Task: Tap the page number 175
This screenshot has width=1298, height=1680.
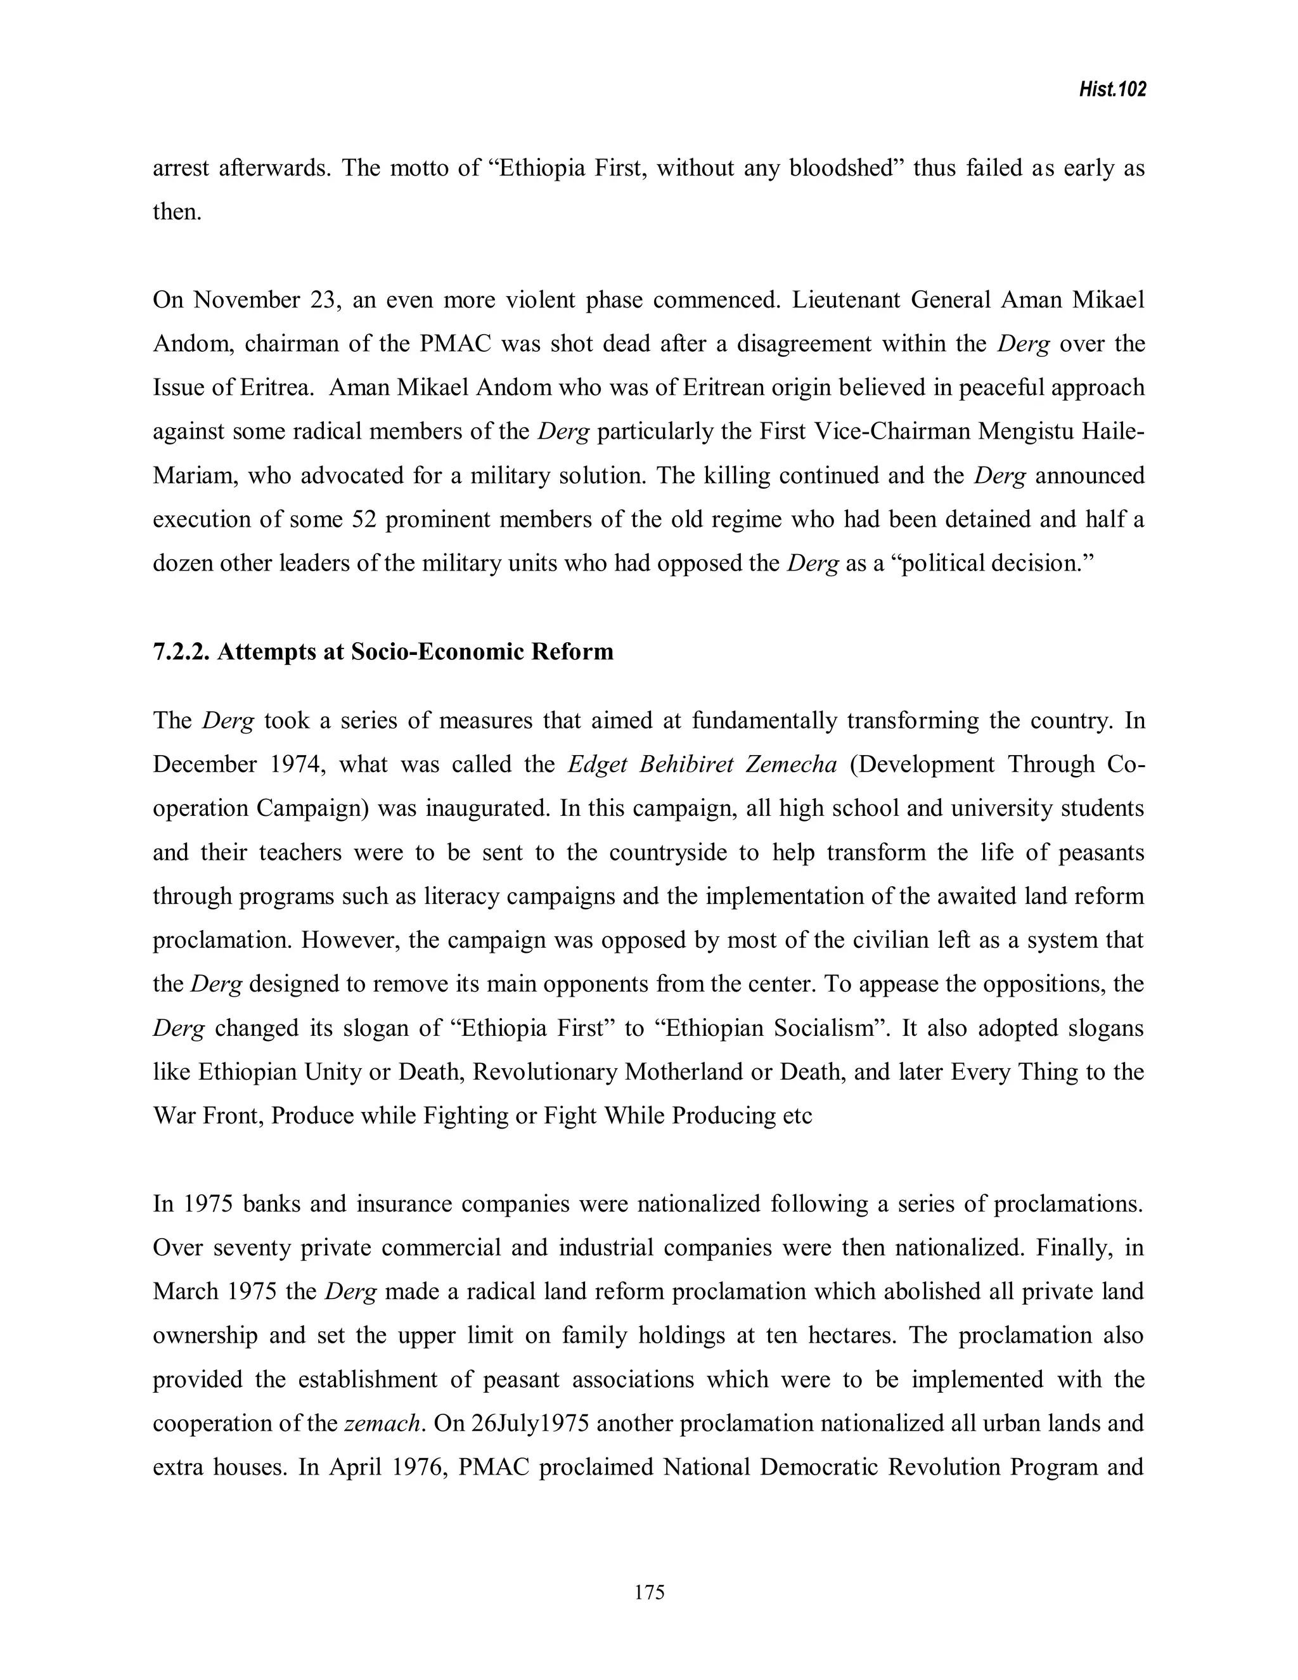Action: tap(649, 1593)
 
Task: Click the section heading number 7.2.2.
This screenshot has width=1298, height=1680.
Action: tap(181, 652)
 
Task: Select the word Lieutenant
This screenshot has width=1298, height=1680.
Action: tap(846, 299)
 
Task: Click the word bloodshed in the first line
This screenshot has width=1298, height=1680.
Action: tap(846, 168)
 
